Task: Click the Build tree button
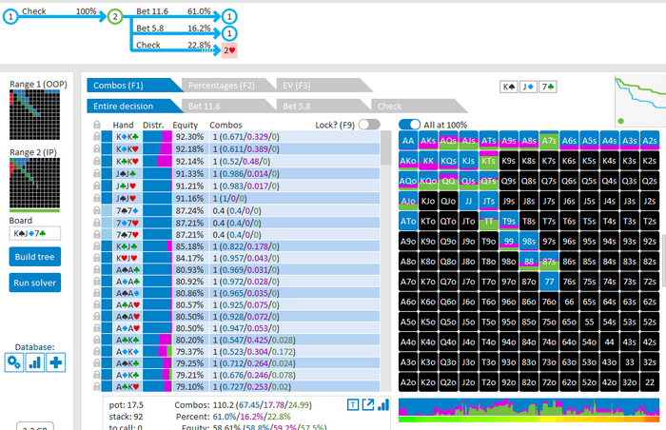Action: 35,257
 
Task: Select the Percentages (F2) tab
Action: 220,85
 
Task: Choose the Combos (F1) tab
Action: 130,85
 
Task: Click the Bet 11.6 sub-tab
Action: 225,106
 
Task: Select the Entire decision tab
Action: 130,106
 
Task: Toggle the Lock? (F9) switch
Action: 369,124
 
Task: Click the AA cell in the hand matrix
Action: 408,139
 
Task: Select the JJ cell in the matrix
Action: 468,201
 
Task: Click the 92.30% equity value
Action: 189,137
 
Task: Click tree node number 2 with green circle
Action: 115,16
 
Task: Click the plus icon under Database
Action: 56,362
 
